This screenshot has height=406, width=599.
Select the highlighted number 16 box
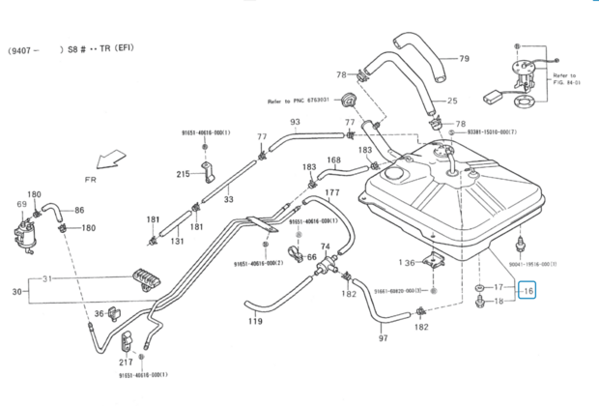528,289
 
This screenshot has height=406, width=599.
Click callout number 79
464,59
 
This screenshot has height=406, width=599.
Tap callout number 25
452,101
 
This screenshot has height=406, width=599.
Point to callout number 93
295,123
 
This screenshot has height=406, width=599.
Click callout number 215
185,174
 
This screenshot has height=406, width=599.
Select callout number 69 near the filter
21,205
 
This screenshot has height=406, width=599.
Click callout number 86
79,210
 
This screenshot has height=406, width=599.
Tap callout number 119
255,321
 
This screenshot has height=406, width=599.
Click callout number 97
383,337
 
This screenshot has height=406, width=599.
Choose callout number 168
333,160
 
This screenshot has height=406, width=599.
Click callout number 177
332,192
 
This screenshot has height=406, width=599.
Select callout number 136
410,262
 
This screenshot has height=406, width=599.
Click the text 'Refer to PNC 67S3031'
299,99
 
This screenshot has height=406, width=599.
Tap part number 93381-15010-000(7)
504,132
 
